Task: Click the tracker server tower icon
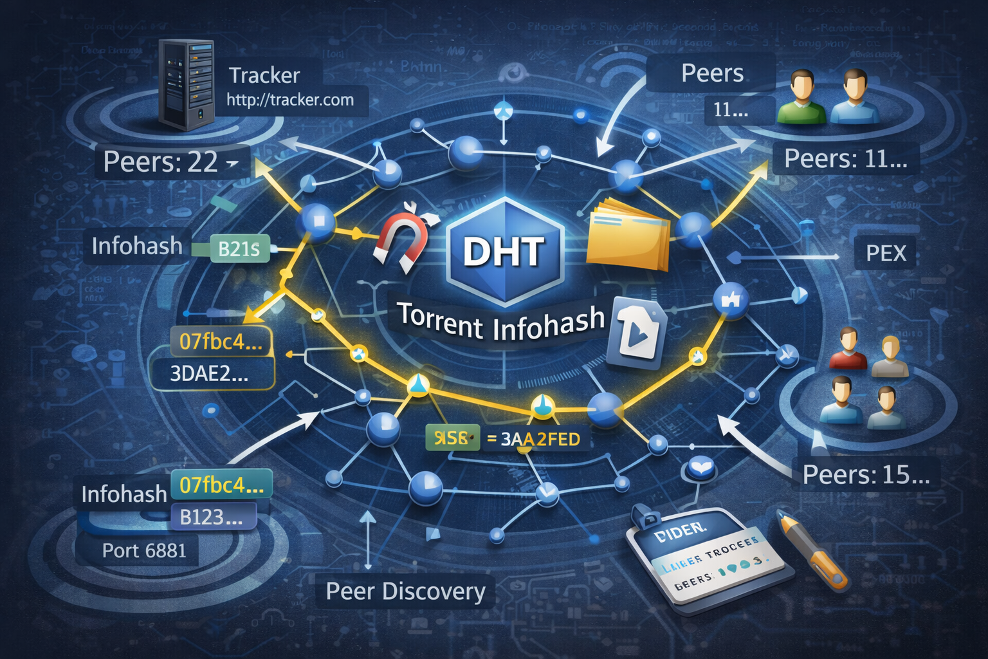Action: tap(187, 85)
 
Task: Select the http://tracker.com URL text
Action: tap(290, 100)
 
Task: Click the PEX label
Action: tap(886, 254)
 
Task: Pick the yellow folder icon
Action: tap(627, 236)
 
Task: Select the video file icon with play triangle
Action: tap(636, 333)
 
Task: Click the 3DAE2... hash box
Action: tap(209, 374)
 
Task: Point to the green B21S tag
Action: tap(239, 249)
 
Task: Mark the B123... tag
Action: tap(211, 517)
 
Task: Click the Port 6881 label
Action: tap(144, 551)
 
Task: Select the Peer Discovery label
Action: tap(405, 591)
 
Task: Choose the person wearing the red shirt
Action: tap(848, 349)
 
